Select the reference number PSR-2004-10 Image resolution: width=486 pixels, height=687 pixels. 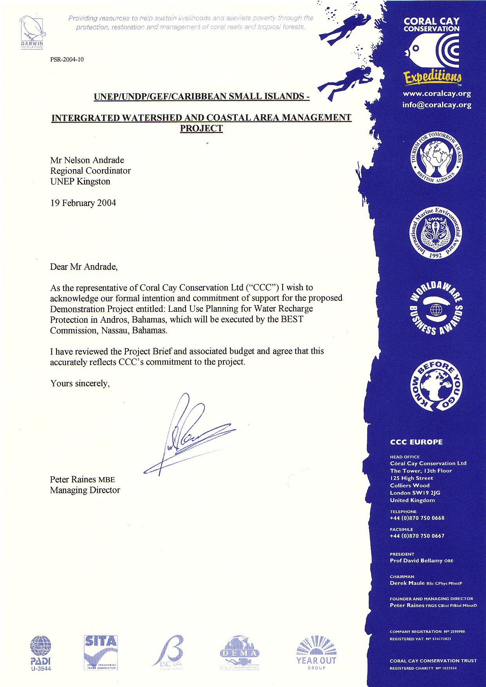pos(67,60)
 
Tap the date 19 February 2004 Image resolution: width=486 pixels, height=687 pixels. pos(83,203)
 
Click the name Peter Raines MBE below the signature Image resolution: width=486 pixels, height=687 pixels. pos(82,479)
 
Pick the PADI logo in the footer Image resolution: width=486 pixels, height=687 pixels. pos(41,653)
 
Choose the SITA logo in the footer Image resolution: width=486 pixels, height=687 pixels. pos(101,652)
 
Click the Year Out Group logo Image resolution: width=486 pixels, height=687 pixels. pos(316,653)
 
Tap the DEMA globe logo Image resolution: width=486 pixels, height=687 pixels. pos(239,652)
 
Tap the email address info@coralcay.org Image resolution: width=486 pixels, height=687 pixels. pos(437,105)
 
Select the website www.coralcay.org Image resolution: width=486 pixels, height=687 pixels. pos(437,94)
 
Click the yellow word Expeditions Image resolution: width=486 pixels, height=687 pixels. pos(433,77)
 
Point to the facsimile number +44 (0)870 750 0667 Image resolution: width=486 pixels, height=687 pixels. pos(417,536)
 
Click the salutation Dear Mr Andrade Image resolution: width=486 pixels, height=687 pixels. pos(83,267)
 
